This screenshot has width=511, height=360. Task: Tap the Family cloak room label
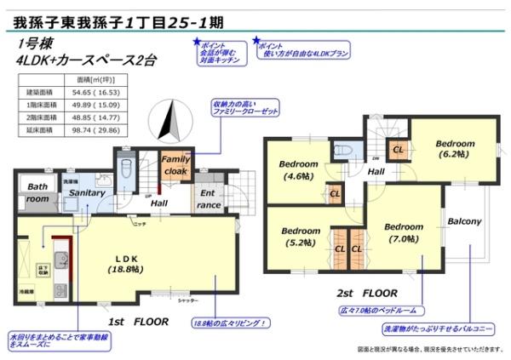176,165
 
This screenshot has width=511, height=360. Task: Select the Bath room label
37,192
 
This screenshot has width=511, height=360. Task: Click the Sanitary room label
87,193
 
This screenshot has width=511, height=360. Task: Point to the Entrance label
209,199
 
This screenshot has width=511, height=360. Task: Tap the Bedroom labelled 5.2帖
301,236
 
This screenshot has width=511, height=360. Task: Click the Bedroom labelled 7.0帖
403,233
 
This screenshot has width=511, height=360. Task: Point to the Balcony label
464,221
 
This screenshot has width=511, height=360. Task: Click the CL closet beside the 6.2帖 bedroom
398,151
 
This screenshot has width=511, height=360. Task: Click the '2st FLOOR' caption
365,290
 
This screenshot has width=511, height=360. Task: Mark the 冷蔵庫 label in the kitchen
29,291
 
